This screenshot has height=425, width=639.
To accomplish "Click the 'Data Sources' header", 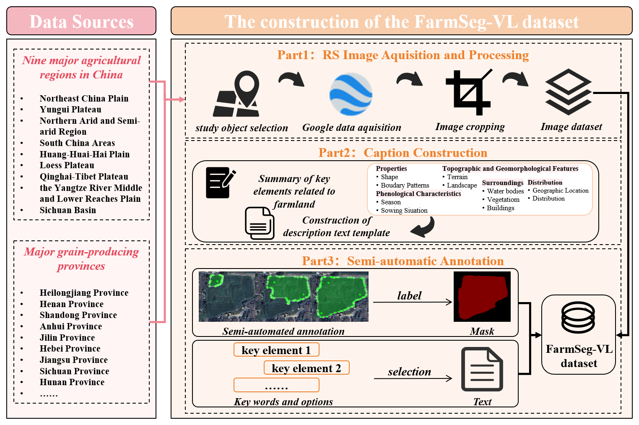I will click(x=81, y=21).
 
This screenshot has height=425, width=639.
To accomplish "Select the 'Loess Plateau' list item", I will click(x=67, y=165).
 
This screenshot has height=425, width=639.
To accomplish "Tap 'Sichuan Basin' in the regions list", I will click(x=68, y=210).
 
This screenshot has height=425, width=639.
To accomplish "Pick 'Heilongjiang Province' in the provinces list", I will click(x=84, y=293).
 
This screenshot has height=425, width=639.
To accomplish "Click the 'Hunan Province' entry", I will click(x=72, y=382).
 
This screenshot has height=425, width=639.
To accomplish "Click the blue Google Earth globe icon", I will click(x=351, y=94).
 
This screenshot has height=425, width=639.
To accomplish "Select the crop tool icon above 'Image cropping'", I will click(x=469, y=92).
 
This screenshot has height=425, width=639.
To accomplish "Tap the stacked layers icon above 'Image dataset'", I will click(x=568, y=92).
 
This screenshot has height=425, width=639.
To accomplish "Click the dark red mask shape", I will click(x=482, y=297).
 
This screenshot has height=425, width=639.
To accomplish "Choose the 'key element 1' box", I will click(x=276, y=350).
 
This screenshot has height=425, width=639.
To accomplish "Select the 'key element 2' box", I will click(x=307, y=368).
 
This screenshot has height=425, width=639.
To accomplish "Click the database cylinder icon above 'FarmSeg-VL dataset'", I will click(x=578, y=318).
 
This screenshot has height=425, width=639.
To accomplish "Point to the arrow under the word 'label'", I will click(x=412, y=302).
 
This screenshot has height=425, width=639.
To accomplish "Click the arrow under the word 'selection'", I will click(x=413, y=378).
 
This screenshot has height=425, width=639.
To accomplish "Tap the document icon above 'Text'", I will click(x=482, y=369).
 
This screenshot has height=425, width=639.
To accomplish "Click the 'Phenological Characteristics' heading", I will click(x=418, y=194).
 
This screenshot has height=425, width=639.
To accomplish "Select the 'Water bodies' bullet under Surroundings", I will click(x=505, y=191).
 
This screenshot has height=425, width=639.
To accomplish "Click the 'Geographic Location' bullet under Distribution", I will click(x=560, y=190).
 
